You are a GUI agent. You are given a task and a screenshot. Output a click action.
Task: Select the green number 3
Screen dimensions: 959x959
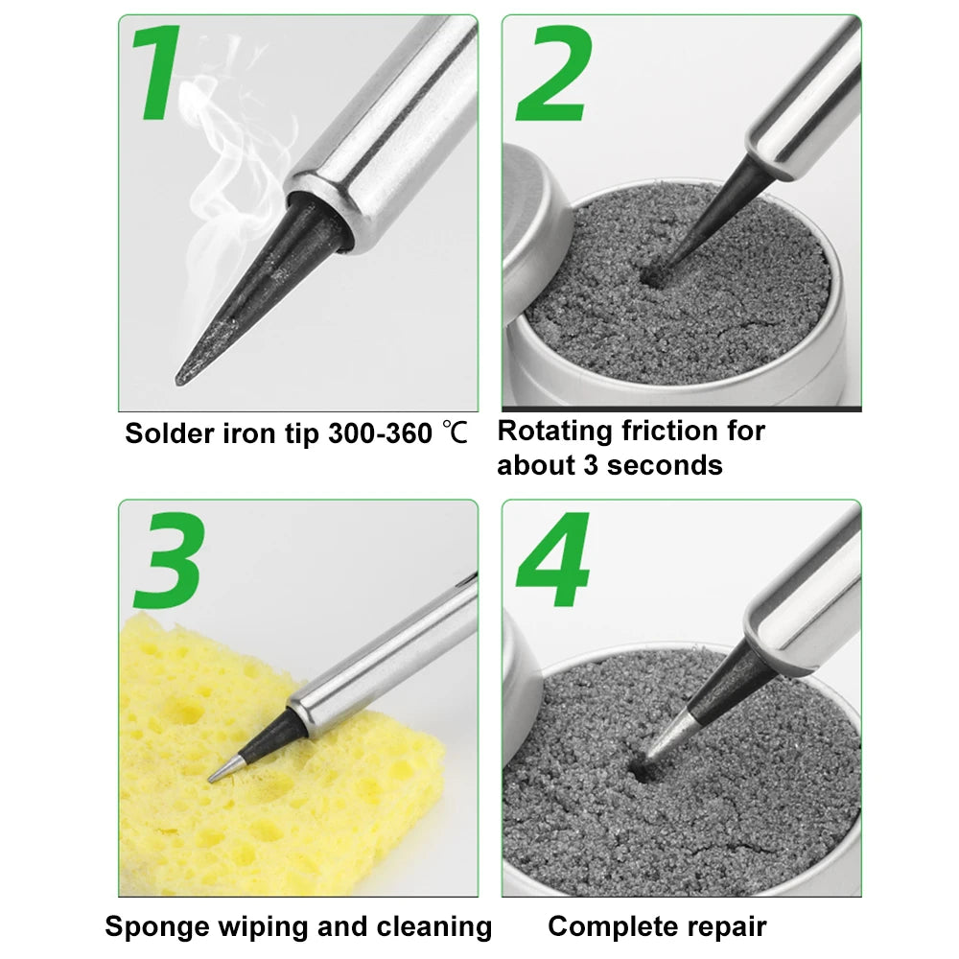point(169,561)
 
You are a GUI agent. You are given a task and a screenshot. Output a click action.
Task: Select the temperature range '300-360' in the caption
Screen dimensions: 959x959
point(381,433)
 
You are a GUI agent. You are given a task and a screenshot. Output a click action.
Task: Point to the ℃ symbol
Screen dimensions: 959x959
point(456,433)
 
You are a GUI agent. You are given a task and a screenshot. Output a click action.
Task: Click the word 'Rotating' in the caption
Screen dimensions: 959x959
point(555,432)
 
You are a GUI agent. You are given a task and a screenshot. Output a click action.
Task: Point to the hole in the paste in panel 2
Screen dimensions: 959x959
point(655,276)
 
